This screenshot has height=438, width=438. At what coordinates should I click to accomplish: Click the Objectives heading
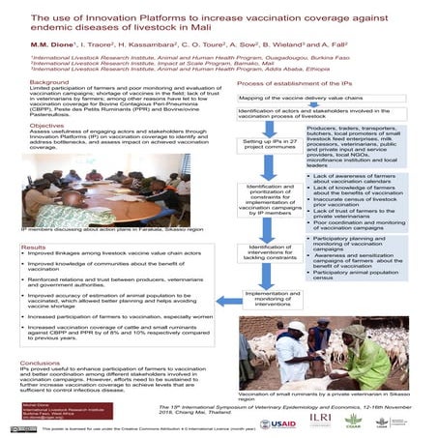45,125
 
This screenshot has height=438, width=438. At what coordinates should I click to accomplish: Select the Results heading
34,248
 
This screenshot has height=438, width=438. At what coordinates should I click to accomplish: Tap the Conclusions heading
40,364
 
